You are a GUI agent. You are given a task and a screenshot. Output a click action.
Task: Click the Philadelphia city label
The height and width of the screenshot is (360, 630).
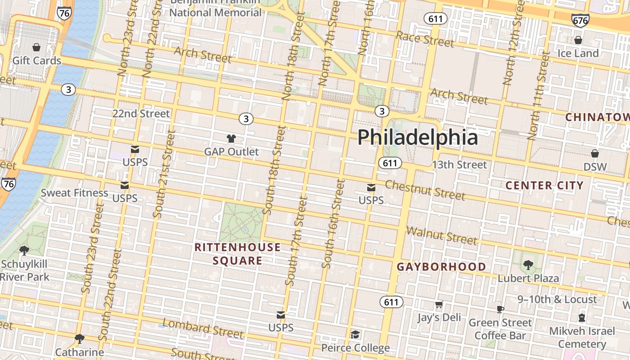(x=417, y=137)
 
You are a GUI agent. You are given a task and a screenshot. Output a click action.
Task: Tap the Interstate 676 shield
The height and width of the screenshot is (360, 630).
(x=580, y=20)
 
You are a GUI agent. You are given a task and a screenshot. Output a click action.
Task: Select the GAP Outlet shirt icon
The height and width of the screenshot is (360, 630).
(x=231, y=139)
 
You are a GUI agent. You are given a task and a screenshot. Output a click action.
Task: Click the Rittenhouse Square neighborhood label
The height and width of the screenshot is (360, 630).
(x=237, y=254)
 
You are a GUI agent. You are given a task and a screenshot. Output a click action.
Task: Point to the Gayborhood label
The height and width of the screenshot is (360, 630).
(x=441, y=267)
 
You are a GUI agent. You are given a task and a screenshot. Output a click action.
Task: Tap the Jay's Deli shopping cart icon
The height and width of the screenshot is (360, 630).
(x=439, y=305)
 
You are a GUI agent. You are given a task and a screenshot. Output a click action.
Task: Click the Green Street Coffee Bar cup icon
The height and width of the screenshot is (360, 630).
(x=500, y=309)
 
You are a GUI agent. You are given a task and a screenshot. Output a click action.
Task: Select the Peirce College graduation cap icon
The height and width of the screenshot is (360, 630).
(x=355, y=334)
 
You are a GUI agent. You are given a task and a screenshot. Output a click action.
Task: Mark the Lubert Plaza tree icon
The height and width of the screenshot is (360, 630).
(x=528, y=265)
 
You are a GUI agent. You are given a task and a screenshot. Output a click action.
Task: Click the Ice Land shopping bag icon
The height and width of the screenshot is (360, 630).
(x=578, y=40)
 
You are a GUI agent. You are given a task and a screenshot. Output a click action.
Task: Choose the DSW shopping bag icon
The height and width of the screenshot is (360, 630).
(x=595, y=153)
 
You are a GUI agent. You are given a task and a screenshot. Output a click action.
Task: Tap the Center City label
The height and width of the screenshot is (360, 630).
(x=544, y=185)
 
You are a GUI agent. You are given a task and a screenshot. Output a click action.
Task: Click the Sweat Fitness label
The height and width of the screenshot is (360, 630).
(x=74, y=193)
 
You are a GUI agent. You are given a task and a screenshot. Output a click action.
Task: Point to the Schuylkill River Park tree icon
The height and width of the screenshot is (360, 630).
(x=24, y=250)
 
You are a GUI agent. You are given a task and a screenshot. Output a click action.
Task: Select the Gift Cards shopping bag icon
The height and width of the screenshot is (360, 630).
(x=36, y=47)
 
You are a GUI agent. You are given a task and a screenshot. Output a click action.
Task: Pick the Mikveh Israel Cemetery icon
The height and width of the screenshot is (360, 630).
(x=581, y=318)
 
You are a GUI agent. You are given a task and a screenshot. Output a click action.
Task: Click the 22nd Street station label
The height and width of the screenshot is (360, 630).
(x=141, y=113)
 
